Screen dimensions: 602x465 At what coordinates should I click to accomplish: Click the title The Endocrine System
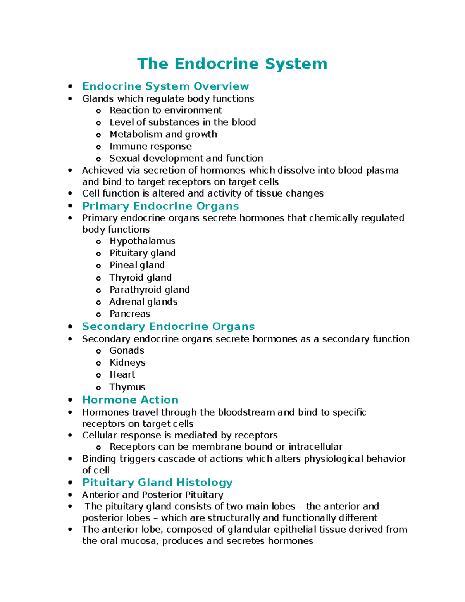pos(232,64)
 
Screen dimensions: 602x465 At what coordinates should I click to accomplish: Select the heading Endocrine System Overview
pos(165,86)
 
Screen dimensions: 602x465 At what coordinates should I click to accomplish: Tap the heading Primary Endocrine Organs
pos(160,206)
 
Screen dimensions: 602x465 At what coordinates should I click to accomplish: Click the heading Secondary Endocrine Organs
pos(168,326)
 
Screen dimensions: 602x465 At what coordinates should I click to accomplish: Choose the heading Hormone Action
pos(130,400)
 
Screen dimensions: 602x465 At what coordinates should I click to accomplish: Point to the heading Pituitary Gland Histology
pos(157,482)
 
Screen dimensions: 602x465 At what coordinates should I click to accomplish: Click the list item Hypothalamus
pos(142,241)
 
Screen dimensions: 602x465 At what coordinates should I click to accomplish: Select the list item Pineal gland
pos(137,265)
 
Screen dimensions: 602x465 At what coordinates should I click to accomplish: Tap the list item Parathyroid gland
pos(150,290)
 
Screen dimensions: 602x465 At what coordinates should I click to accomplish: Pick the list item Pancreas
pos(130,314)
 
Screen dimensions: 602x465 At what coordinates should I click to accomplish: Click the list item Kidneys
pos(127,362)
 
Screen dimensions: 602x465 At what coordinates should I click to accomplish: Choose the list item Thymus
pos(127,387)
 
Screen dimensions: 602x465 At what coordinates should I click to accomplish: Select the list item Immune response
pos(150,146)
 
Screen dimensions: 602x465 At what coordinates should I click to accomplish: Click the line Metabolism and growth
pos(163,134)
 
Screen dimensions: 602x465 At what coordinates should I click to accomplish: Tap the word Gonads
pos(127,350)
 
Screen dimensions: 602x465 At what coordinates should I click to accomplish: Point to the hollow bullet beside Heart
pos(98,375)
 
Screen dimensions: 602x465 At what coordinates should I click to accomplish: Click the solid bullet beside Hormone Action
pos(70,400)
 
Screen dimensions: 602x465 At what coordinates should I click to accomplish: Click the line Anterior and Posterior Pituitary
pos(153,495)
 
